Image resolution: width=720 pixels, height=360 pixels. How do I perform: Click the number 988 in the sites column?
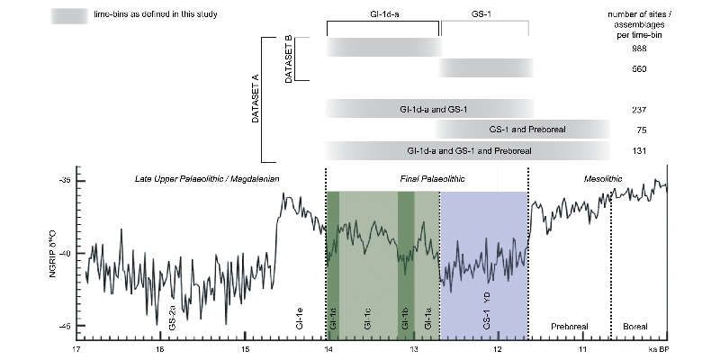point(640,49)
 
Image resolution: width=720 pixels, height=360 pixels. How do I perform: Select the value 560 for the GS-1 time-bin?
point(640,69)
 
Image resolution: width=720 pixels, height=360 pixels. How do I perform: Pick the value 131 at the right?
point(640,150)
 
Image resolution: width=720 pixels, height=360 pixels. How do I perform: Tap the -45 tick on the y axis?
point(64,326)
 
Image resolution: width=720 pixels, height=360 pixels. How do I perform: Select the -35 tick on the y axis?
point(64,182)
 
